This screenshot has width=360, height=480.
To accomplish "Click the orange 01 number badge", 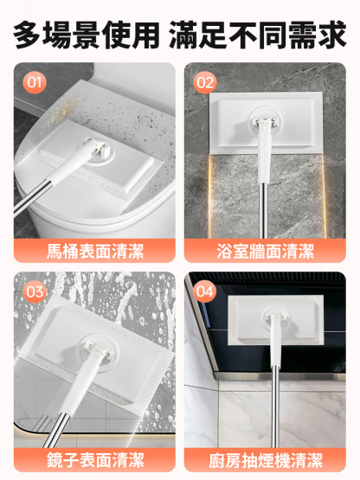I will tap(34, 83).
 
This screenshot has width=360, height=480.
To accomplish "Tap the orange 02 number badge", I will tap(205, 83).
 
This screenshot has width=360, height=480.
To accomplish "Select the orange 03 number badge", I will tap(35, 291).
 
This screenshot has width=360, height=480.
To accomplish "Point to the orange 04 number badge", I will tap(205, 291).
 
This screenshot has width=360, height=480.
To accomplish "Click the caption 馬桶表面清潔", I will tap(93, 252).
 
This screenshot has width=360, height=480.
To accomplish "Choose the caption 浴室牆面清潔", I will tap(265, 252).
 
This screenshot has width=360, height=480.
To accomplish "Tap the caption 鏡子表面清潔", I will tap(93, 458).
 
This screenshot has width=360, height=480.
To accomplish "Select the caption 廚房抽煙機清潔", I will tap(265, 458).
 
